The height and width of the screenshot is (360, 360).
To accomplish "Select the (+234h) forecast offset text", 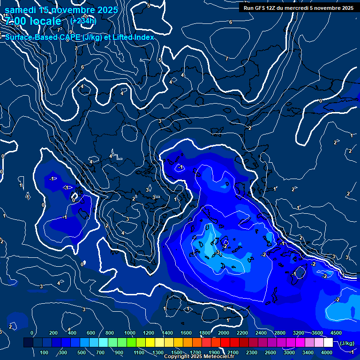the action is coord(83,21).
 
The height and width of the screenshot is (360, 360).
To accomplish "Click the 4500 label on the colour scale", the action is coord(336,333).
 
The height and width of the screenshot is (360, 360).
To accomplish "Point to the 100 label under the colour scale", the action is coord(45,352).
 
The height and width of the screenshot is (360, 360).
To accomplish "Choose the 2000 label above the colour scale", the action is coord(223,333).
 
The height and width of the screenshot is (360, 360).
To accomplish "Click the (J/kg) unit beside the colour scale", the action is coord(346,343).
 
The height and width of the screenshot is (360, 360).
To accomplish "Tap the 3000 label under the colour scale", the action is coord(289,352).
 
